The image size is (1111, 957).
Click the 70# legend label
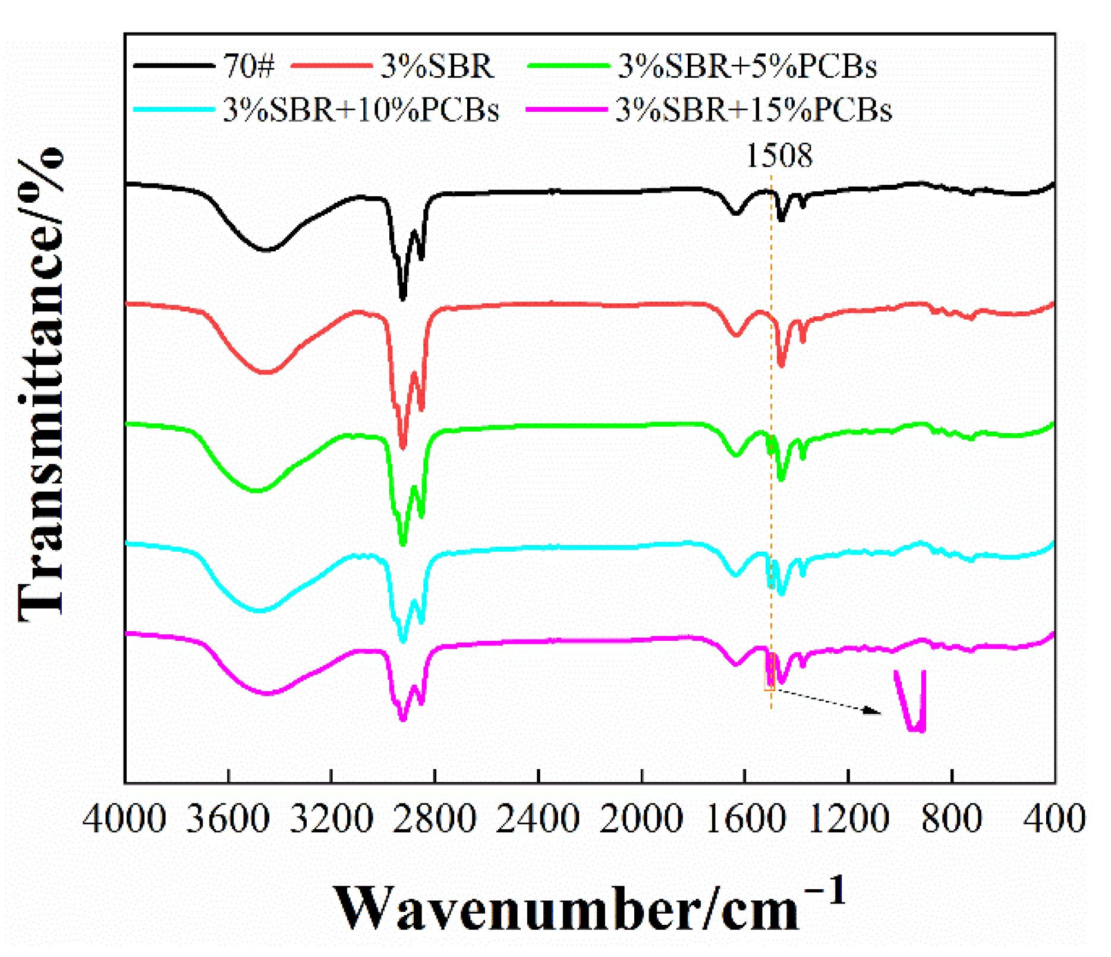pyautogui.click(x=249, y=66)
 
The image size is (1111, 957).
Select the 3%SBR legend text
pyautogui.click(x=437, y=66)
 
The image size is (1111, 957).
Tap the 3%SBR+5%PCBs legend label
pyautogui.click(x=747, y=66)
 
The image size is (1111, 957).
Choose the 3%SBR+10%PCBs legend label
pyautogui.click(x=361, y=110)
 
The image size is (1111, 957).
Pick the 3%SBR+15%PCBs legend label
pyautogui.click(x=754, y=110)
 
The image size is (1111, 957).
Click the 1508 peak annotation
pyautogui.click(x=779, y=156)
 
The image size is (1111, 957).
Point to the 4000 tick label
pyautogui.click(x=124, y=819)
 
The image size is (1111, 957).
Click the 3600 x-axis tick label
pyautogui.click(x=228, y=819)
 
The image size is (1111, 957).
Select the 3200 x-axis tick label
pyautogui.click(x=331, y=819)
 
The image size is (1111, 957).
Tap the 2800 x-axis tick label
pyautogui.click(x=435, y=819)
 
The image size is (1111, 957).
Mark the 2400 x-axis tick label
pyautogui.click(x=538, y=819)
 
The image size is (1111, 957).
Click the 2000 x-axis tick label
pyautogui.click(x=641, y=819)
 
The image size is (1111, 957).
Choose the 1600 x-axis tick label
pyautogui.click(x=745, y=819)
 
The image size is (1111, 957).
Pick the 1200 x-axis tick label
pyautogui.click(x=848, y=819)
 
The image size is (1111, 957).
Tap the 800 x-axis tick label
pyautogui.click(x=952, y=819)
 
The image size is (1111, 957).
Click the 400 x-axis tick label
pyautogui.click(x=1054, y=819)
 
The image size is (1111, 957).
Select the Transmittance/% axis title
pyautogui.click(x=40, y=383)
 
